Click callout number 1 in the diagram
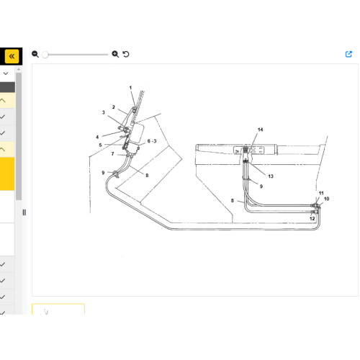point(130,88)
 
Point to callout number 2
point(114,107)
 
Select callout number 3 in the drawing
point(104,112)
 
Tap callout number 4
point(97,137)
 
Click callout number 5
point(100,145)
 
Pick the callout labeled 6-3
point(152,141)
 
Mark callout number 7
point(112,154)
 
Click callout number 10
point(326,199)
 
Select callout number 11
point(321,193)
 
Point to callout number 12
point(312,218)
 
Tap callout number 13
point(271,176)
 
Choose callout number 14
point(261,130)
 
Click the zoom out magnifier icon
point(35,54)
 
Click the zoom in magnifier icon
point(115,54)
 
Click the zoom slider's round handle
point(45,55)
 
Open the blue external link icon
point(348,54)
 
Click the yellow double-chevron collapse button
point(12,56)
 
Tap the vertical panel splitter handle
point(24,212)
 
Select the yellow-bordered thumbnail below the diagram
point(58,309)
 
